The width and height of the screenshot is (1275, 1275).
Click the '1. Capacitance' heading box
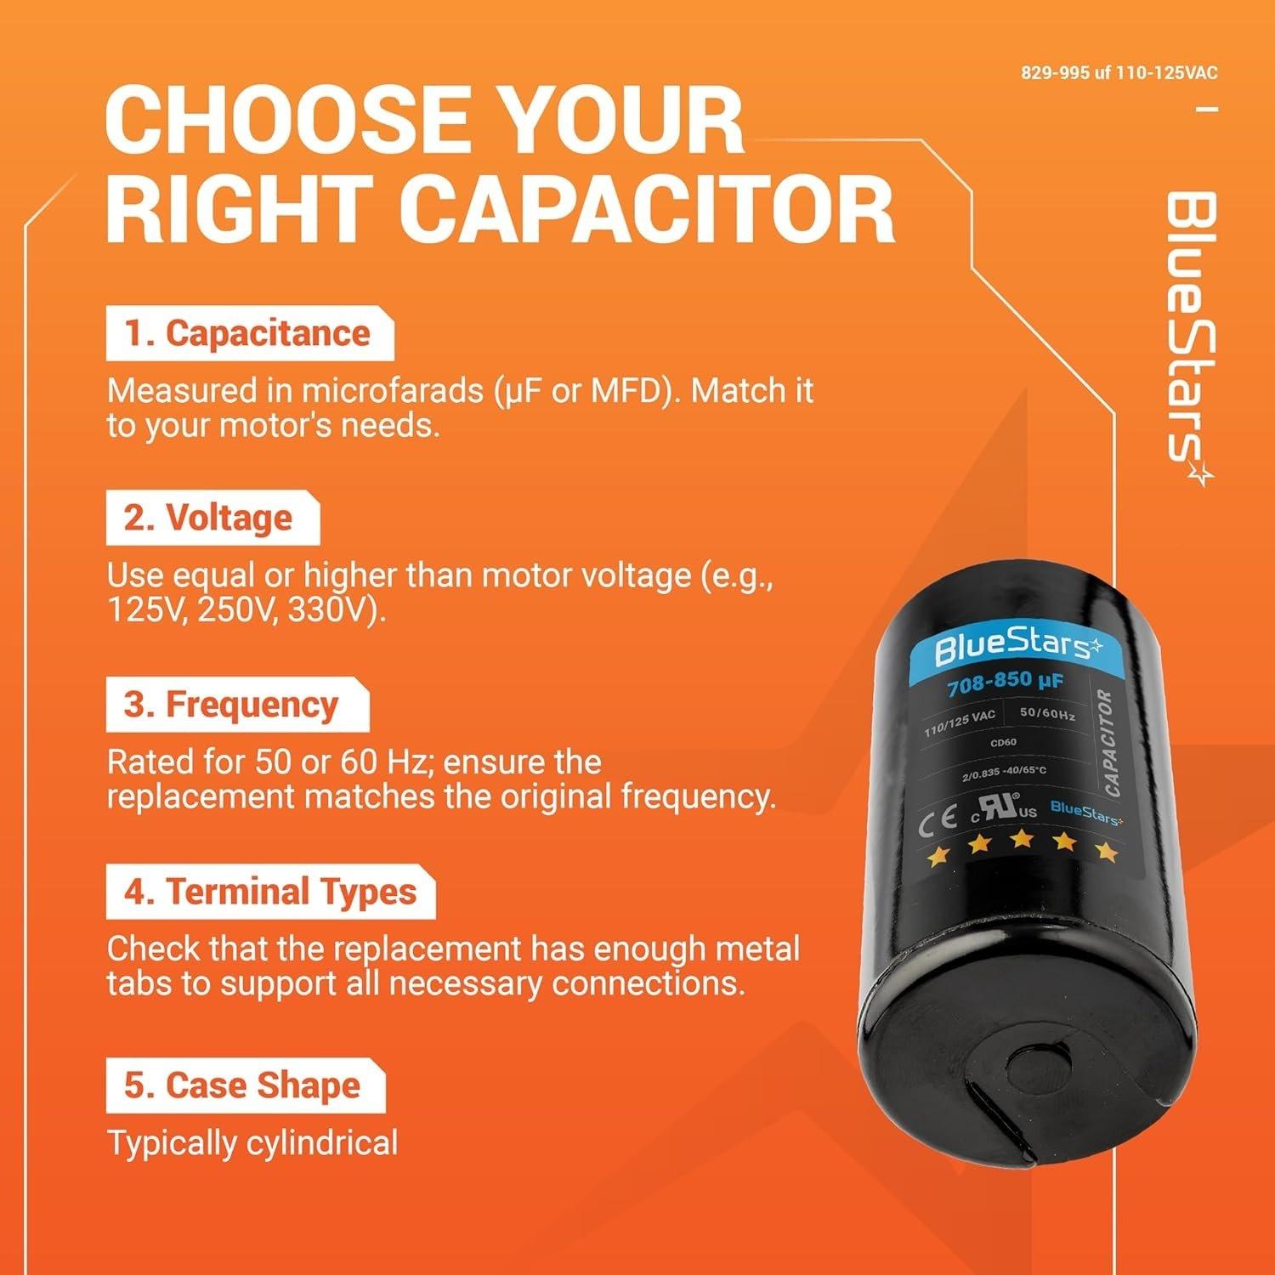tap(249, 334)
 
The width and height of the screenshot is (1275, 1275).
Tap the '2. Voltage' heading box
tap(212, 518)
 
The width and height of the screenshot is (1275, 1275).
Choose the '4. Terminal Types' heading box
tap(269, 892)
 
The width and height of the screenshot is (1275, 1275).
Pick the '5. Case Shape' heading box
tap(245, 1085)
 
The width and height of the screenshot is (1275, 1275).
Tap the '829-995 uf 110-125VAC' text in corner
tap(1119, 73)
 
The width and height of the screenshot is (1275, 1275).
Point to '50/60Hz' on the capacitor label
tap(1046, 714)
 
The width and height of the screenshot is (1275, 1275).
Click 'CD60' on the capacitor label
tap(1003, 742)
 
